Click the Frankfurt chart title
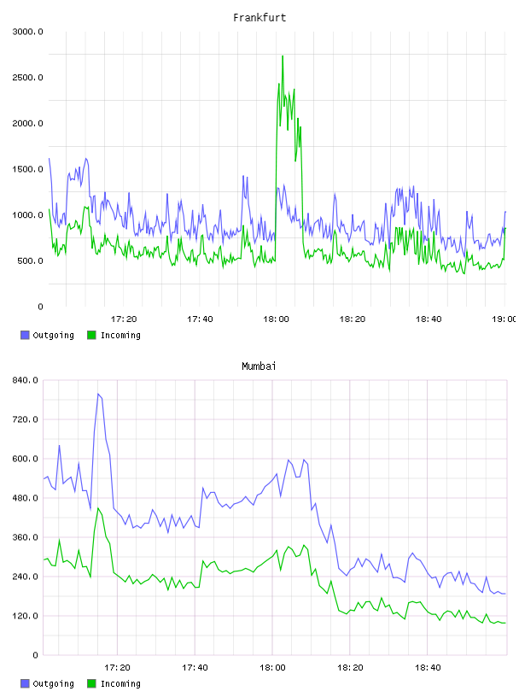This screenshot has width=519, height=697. (259, 18)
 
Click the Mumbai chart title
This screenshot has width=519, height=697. (259, 366)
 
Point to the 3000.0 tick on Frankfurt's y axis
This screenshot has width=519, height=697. (28, 32)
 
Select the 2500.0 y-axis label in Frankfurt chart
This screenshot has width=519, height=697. (28, 78)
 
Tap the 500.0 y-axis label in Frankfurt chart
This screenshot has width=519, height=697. (30, 261)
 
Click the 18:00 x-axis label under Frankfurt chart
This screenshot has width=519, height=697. (276, 319)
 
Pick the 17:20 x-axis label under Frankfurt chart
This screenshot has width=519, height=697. (124, 319)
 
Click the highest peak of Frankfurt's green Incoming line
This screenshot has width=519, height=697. (283, 56)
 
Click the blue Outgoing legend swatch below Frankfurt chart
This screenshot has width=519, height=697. (25, 335)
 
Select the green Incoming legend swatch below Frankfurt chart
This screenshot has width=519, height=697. (91, 335)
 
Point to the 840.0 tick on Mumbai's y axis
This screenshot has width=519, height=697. (26, 380)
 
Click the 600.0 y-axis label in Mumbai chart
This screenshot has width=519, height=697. (26, 459)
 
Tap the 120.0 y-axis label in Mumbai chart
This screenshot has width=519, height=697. (26, 616)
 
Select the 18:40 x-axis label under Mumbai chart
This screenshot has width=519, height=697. (428, 668)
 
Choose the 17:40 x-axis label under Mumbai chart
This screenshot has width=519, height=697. (195, 668)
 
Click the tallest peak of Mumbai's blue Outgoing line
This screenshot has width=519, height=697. (98, 394)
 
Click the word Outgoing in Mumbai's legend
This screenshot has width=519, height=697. (53, 684)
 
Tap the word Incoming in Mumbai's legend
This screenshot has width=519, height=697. (120, 684)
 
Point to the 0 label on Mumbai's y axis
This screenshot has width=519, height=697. (36, 655)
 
